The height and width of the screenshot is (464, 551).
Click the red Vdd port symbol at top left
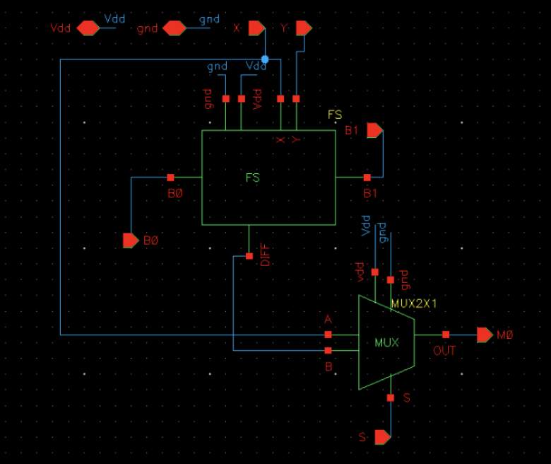tap(88, 28)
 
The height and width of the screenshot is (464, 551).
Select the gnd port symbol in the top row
tap(174, 28)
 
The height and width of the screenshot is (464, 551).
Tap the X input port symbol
tap(256, 28)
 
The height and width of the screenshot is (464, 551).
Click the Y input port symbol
tap(303, 28)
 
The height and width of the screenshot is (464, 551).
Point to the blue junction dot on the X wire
tap(265, 59)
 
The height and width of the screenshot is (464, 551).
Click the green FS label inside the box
tap(253, 178)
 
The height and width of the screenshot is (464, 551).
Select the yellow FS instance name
tap(335, 115)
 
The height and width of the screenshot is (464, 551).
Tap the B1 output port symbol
tap(374, 131)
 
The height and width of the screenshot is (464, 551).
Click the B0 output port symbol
tap(131, 240)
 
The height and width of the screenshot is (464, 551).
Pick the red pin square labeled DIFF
tap(249, 256)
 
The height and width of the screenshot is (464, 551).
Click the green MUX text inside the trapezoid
tap(386, 343)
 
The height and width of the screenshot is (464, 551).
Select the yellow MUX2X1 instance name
tap(414, 303)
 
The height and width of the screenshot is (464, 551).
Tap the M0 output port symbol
tap(485, 335)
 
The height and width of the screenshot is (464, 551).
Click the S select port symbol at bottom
tap(382, 437)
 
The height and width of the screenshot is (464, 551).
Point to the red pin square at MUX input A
tap(328, 335)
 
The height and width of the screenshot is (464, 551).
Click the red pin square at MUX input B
tap(328, 350)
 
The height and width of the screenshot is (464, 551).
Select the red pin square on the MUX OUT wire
tap(445, 335)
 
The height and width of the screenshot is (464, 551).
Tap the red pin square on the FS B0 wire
tap(170, 178)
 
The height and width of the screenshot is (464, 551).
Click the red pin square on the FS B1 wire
tap(367, 178)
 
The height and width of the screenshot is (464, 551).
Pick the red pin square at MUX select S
tap(390, 398)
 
